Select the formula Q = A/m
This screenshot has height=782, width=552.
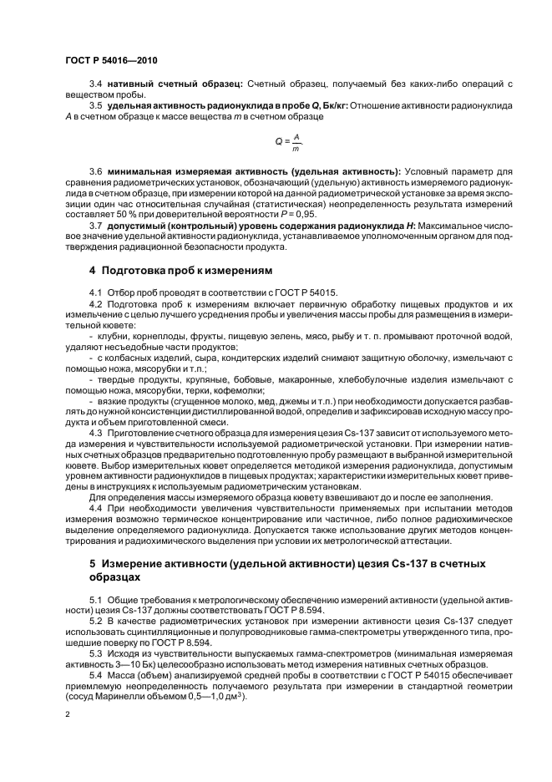pyautogui.click(x=287, y=142)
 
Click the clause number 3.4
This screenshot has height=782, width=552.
pyautogui.click(x=95, y=84)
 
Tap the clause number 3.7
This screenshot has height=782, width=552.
pyautogui.click(x=95, y=225)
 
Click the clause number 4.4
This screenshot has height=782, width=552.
pyautogui.click(x=95, y=507)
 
